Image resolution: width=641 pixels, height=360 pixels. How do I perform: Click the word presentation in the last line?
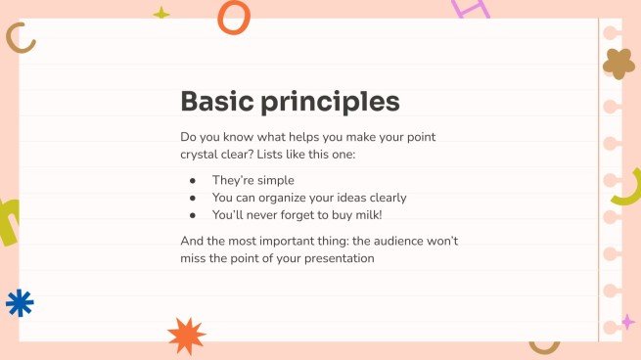tap(334, 258)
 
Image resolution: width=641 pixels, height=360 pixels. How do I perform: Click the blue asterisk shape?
tap(20, 303)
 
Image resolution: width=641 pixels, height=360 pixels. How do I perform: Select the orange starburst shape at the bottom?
tap(186, 336)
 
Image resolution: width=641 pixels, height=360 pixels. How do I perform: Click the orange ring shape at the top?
tap(233, 17)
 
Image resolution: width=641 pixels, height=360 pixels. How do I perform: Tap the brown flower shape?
tap(618, 63)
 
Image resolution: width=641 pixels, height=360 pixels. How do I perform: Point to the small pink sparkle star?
tap(627, 322)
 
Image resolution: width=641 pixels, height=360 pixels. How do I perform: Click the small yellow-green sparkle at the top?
tap(161, 14)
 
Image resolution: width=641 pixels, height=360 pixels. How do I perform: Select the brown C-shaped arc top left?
tap(21, 38)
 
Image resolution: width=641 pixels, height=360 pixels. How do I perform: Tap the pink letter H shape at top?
tap(470, 8)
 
